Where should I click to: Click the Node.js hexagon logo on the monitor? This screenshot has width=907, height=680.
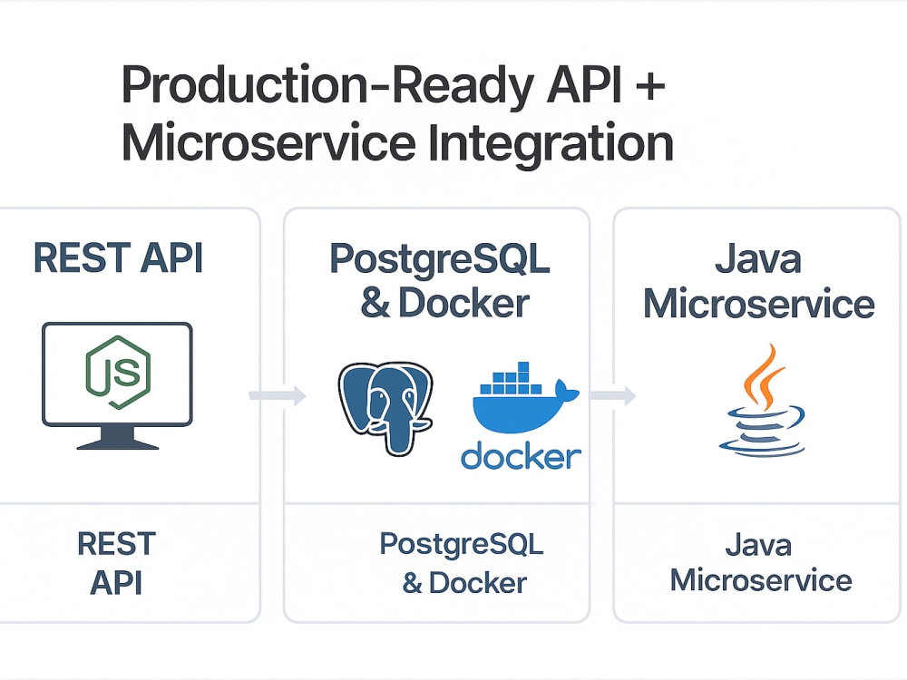point(117,373)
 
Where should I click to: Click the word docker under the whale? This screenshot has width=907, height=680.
point(520,455)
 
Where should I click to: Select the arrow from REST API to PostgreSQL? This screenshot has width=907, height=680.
point(276,395)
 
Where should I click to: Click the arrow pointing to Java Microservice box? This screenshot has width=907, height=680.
point(612,395)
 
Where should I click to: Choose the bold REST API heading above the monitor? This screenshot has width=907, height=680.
point(118,258)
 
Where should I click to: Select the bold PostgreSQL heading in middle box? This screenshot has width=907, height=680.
point(439,259)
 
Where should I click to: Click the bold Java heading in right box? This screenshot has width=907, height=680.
point(757,259)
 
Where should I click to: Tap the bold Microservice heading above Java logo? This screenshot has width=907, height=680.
point(758,304)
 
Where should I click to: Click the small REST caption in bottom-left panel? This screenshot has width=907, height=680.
point(116,544)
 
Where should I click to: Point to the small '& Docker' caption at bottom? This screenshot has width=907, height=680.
point(463,582)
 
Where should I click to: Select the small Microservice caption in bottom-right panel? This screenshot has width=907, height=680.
point(760,580)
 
